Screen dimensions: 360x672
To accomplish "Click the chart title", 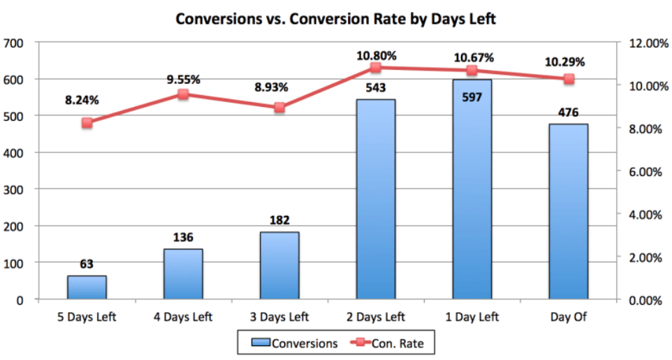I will (335, 19).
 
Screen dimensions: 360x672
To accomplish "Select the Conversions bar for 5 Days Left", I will (87, 287).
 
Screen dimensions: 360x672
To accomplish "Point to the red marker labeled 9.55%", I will (183, 94).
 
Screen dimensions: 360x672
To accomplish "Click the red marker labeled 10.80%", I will (375, 68).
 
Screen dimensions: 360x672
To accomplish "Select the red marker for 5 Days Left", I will (87, 123).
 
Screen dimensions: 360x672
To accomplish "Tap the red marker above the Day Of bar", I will (569, 79).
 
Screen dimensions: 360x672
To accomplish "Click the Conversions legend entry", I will (294, 343).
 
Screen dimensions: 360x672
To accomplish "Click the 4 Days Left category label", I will (183, 317).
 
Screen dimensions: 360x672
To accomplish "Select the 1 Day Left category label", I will (472, 317).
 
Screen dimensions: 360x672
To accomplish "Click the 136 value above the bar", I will (183, 238).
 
